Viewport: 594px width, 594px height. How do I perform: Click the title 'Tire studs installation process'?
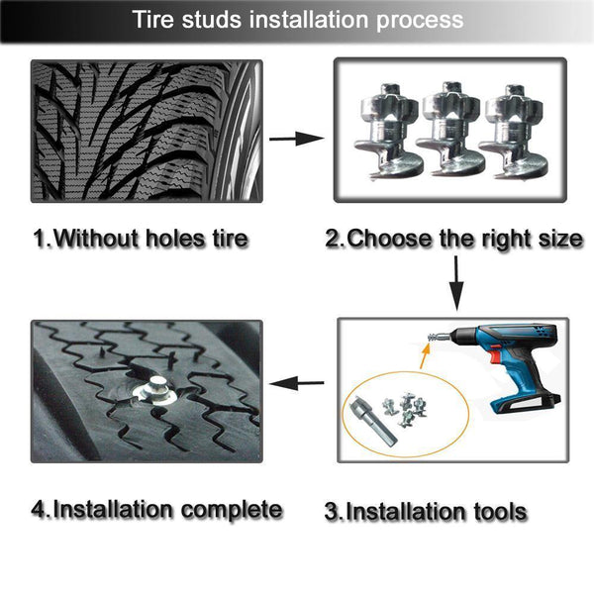pyautogui.click(x=297, y=20)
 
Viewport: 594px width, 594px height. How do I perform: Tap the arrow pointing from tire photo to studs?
pyautogui.click(x=296, y=138)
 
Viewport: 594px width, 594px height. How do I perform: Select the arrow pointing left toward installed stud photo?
pyautogui.click(x=298, y=382)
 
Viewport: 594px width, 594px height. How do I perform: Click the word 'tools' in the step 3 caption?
pyautogui.click(x=496, y=512)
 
